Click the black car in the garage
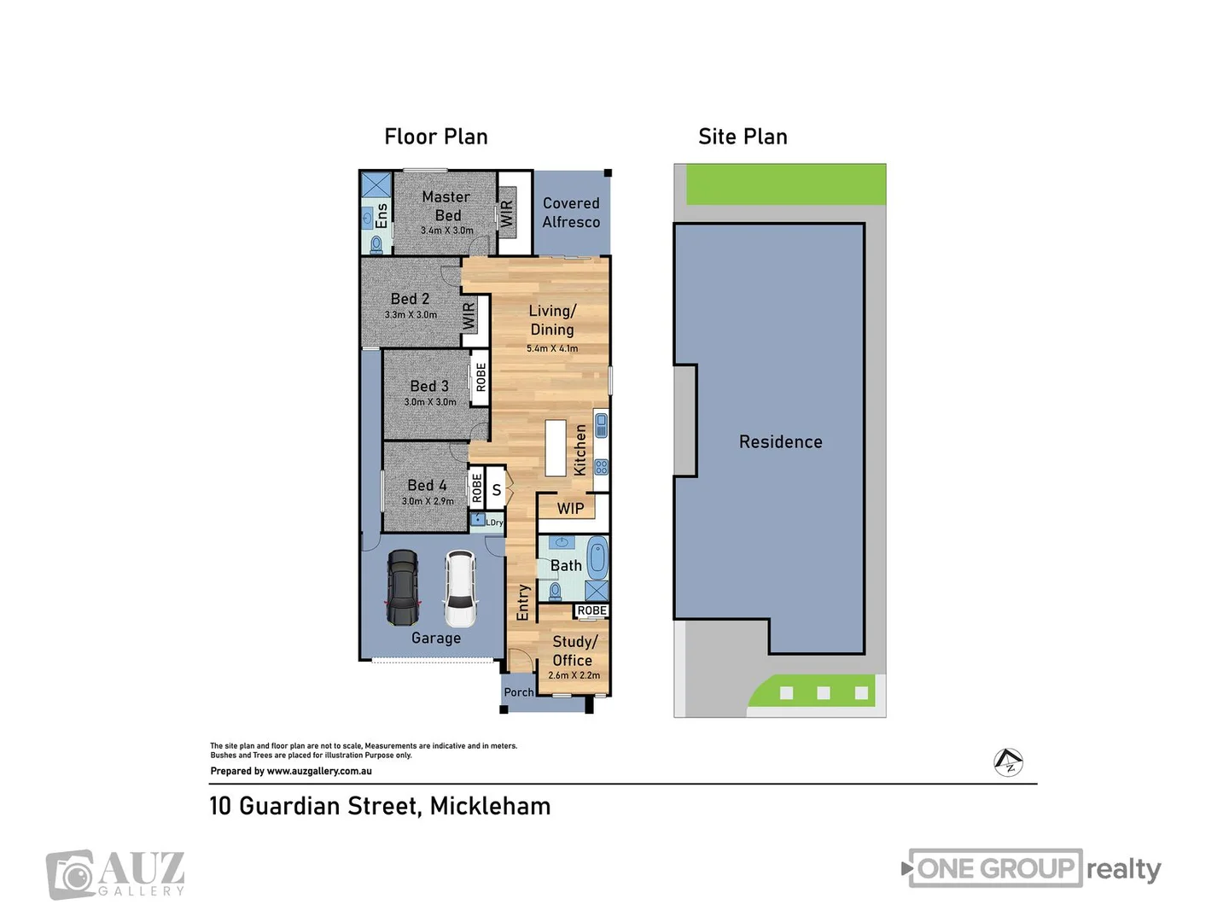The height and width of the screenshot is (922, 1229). (x=403, y=588)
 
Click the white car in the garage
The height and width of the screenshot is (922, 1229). (x=460, y=589)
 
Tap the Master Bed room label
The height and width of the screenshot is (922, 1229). (x=446, y=206)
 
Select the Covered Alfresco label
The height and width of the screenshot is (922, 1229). (x=571, y=213)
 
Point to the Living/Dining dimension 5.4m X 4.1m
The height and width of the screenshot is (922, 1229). (x=552, y=348)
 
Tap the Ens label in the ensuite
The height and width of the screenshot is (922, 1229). (x=382, y=214)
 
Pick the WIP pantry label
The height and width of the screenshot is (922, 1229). (x=570, y=509)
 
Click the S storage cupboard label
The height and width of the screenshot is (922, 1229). (x=496, y=491)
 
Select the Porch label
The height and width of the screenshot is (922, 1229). (x=518, y=692)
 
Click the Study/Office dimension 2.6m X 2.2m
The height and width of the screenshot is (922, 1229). (x=574, y=675)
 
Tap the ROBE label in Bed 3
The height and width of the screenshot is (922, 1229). (x=481, y=376)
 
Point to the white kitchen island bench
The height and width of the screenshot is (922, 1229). (x=556, y=447)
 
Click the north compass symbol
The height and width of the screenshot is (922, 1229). (x=1009, y=762)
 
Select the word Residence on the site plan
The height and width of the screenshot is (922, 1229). (x=780, y=442)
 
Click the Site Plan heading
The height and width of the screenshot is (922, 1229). (x=743, y=137)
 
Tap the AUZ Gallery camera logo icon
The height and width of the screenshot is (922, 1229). (x=71, y=874)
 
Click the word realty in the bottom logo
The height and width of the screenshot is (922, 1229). (x=1123, y=869)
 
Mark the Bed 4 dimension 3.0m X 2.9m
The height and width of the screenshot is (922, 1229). (x=428, y=501)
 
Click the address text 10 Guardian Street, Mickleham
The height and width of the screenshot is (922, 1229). (x=380, y=806)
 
